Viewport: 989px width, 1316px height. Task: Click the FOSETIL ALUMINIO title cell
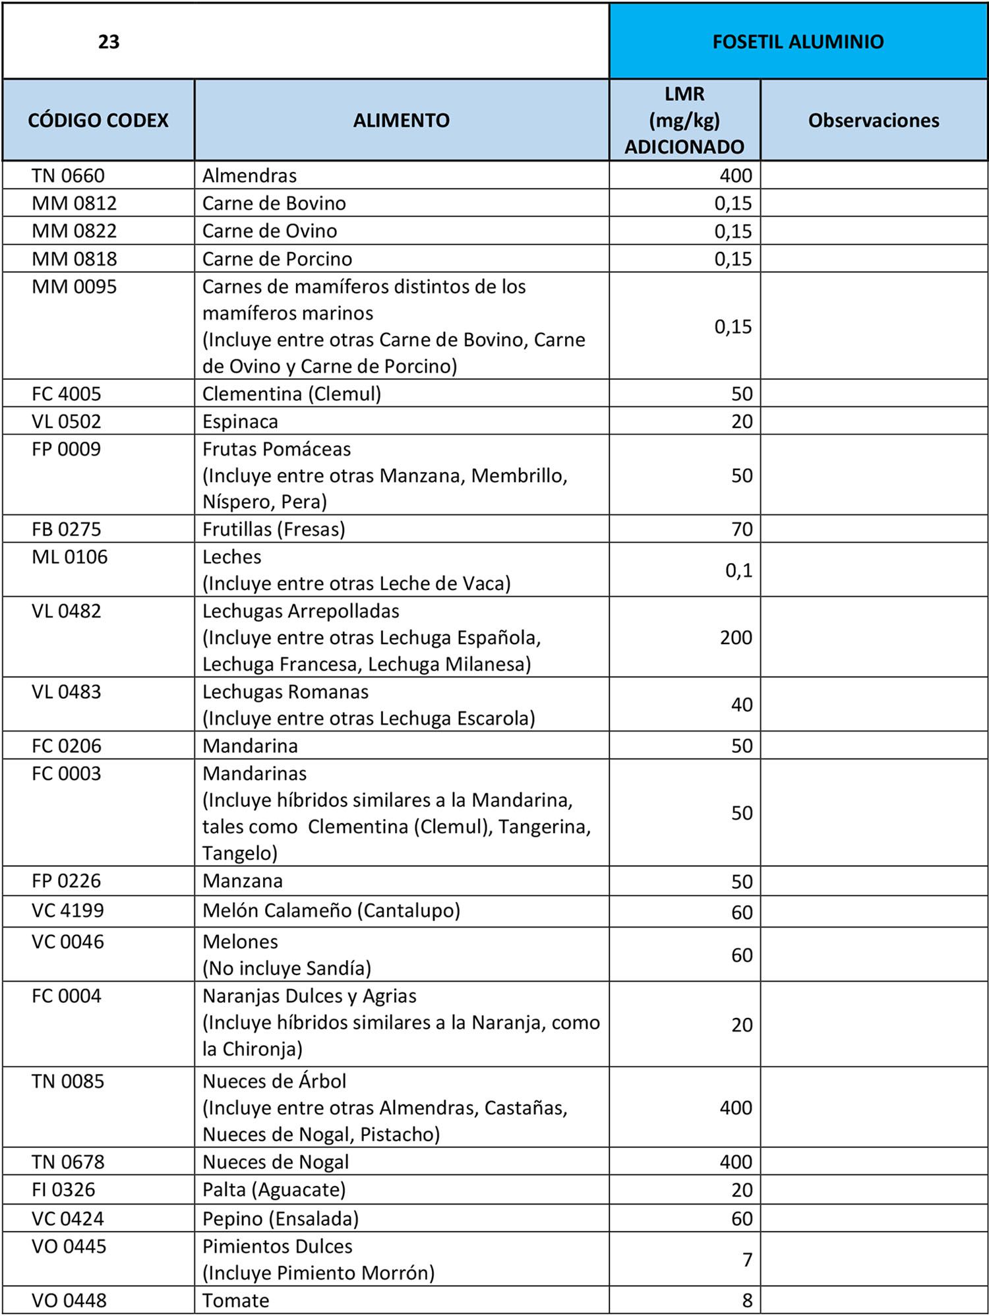pyautogui.click(x=798, y=42)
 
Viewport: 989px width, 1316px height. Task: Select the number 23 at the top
pyautogui.click(x=109, y=42)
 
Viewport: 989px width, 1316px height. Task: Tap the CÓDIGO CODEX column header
pyautogui.click(x=98, y=120)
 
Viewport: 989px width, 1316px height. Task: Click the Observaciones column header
pyautogui.click(x=874, y=120)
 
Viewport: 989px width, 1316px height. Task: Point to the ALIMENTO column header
pyautogui.click(x=401, y=120)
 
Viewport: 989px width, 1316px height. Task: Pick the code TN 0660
pyautogui.click(x=68, y=176)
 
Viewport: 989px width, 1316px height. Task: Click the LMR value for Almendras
pyautogui.click(x=736, y=176)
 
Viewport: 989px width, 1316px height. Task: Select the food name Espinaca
pyautogui.click(x=240, y=421)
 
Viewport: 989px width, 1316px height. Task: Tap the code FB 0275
pyautogui.click(x=67, y=529)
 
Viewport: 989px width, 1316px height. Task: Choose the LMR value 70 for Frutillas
pyautogui.click(x=742, y=529)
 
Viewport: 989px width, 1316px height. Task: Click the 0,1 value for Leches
pyautogui.click(x=738, y=570)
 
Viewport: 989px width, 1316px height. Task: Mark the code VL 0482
pyautogui.click(x=67, y=611)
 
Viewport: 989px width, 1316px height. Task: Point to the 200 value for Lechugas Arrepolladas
pyautogui.click(x=736, y=638)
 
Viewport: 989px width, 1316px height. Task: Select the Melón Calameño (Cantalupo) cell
pyautogui.click(x=331, y=911)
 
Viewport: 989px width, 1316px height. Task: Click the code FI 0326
pyautogui.click(x=63, y=1190)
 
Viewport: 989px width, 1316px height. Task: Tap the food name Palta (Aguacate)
pyautogui.click(x=274, y=1190)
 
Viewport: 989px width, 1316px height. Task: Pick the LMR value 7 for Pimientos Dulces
pyautogui.click(x=747, y=1260)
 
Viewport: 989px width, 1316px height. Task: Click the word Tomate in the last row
pyautogui.click(x=235, y=1301)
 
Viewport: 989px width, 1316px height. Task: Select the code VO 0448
pyautogui.click(x=69, y=1301)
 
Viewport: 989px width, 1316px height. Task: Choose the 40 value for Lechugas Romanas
pyautogui.click(x=742, y=705)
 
